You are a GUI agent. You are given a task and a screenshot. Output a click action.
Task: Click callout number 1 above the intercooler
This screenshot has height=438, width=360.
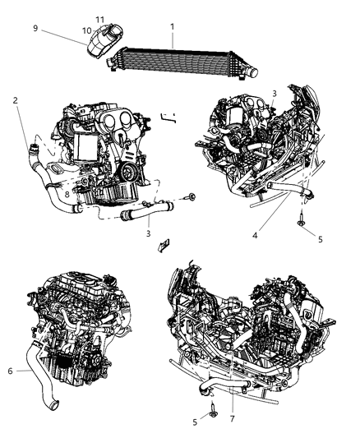click(x=172, y=26)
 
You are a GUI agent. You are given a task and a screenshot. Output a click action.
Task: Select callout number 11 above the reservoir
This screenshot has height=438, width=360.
click(x=99, y=19)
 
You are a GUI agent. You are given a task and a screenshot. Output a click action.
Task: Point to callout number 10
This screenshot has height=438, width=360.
click(x=86, y=30)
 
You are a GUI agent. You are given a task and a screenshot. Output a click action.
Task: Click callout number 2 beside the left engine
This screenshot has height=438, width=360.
click(x=16, y=100)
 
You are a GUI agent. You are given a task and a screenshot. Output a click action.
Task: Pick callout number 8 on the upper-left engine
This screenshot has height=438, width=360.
click(x=67, y=194)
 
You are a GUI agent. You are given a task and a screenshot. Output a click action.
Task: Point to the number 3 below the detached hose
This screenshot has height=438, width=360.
click(x=149, y=233)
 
